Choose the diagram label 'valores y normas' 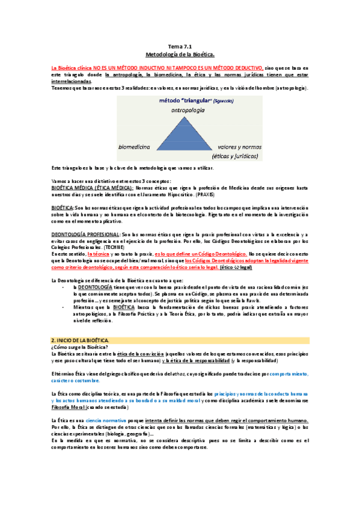236,146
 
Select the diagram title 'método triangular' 173,101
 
